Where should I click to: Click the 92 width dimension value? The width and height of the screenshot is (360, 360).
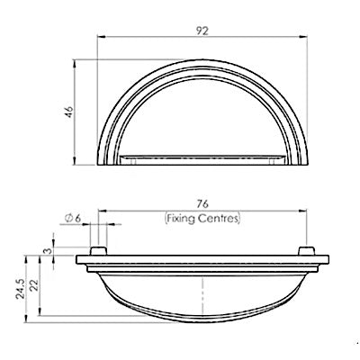[202, 31]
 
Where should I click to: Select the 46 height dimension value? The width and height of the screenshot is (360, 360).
[69, 112]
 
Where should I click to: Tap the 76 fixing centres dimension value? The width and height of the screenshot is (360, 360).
[202, 204]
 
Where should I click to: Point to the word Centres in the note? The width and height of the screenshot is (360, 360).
[218, 218]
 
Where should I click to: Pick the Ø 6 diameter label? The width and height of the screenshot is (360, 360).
[73, 218]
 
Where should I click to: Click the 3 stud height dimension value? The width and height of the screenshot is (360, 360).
[46, 250]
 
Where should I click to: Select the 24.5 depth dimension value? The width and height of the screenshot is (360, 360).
[21, 289]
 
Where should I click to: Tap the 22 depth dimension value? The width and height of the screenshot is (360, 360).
[34, 285]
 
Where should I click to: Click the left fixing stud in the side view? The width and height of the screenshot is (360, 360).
[98, 251]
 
